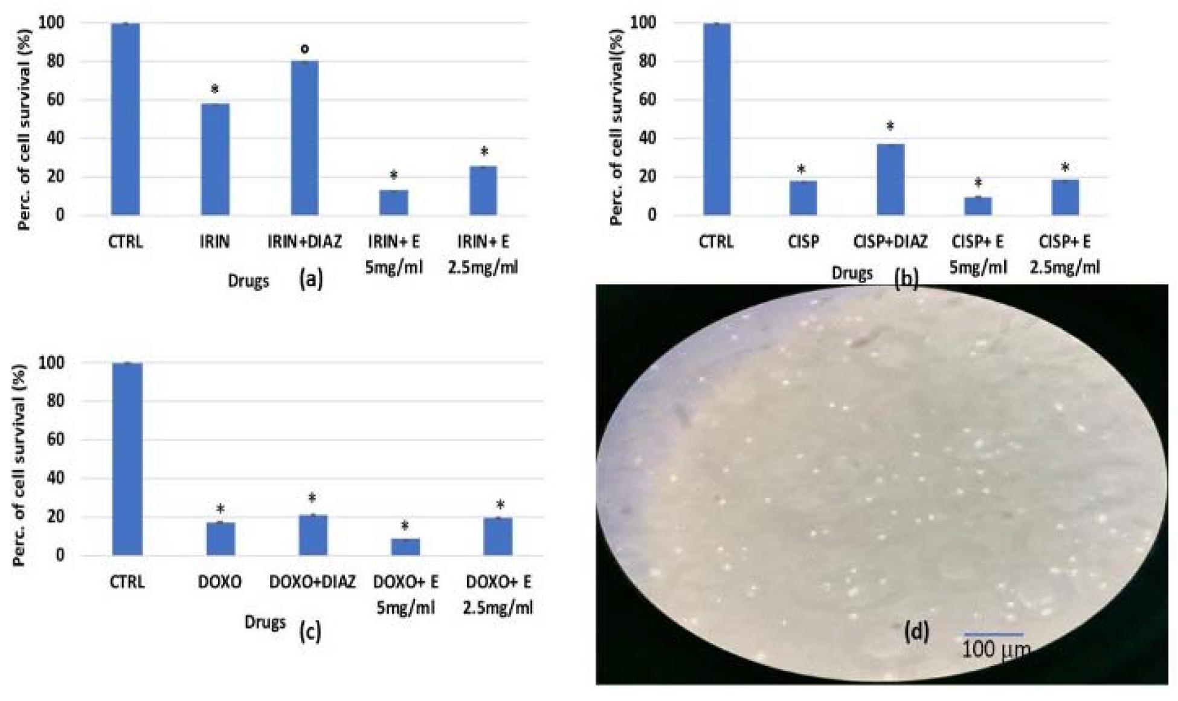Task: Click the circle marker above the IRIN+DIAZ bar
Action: click(x=304, y=48)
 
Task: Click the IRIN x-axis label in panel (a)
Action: click(x=214, y=242)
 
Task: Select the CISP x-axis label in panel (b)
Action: click(x=803, y=242)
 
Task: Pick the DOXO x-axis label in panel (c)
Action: click(x=219, y=582)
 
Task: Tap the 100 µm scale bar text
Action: click(x=996, y=650)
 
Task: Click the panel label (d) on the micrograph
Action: click(x=916, y=632)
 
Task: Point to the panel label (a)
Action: click(x=311, y=279)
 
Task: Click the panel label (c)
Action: click(x=310, y=632)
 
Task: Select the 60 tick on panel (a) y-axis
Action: click(x=55, y=100)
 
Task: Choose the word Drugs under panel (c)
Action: click(x=265, y=622)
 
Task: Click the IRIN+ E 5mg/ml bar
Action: click(x=393, y=202)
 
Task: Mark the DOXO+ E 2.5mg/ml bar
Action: click(x=498, y=537)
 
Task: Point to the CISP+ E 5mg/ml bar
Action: click(x=977, y=206)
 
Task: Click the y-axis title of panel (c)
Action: click(x=19, y=465)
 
